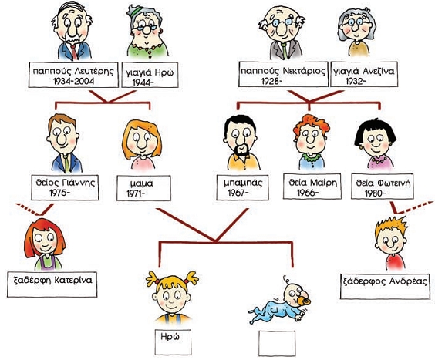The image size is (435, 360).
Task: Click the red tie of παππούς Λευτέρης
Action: (73, 52)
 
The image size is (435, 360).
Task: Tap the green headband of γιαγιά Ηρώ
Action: (137, 11)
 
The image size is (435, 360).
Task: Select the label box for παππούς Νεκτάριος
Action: (283, 74)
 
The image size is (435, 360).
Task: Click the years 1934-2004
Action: (73, 81)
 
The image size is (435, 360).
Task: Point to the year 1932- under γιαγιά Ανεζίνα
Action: (356, 81)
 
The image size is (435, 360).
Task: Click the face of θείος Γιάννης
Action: (63, 136)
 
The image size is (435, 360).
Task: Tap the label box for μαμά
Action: (143, 188)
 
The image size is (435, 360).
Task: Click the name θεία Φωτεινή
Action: (383, 183)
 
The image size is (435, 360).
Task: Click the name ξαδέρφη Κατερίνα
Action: (52, 280)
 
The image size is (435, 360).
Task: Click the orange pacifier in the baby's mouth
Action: (305, 301)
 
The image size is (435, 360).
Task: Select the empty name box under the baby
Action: (277, 343)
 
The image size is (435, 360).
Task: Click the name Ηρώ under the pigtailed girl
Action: (170, 336)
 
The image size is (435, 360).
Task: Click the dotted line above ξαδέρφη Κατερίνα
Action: (28, 209)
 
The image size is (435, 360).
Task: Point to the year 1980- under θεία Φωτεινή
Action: (376, 193)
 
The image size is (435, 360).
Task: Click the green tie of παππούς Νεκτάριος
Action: (285, 51)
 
